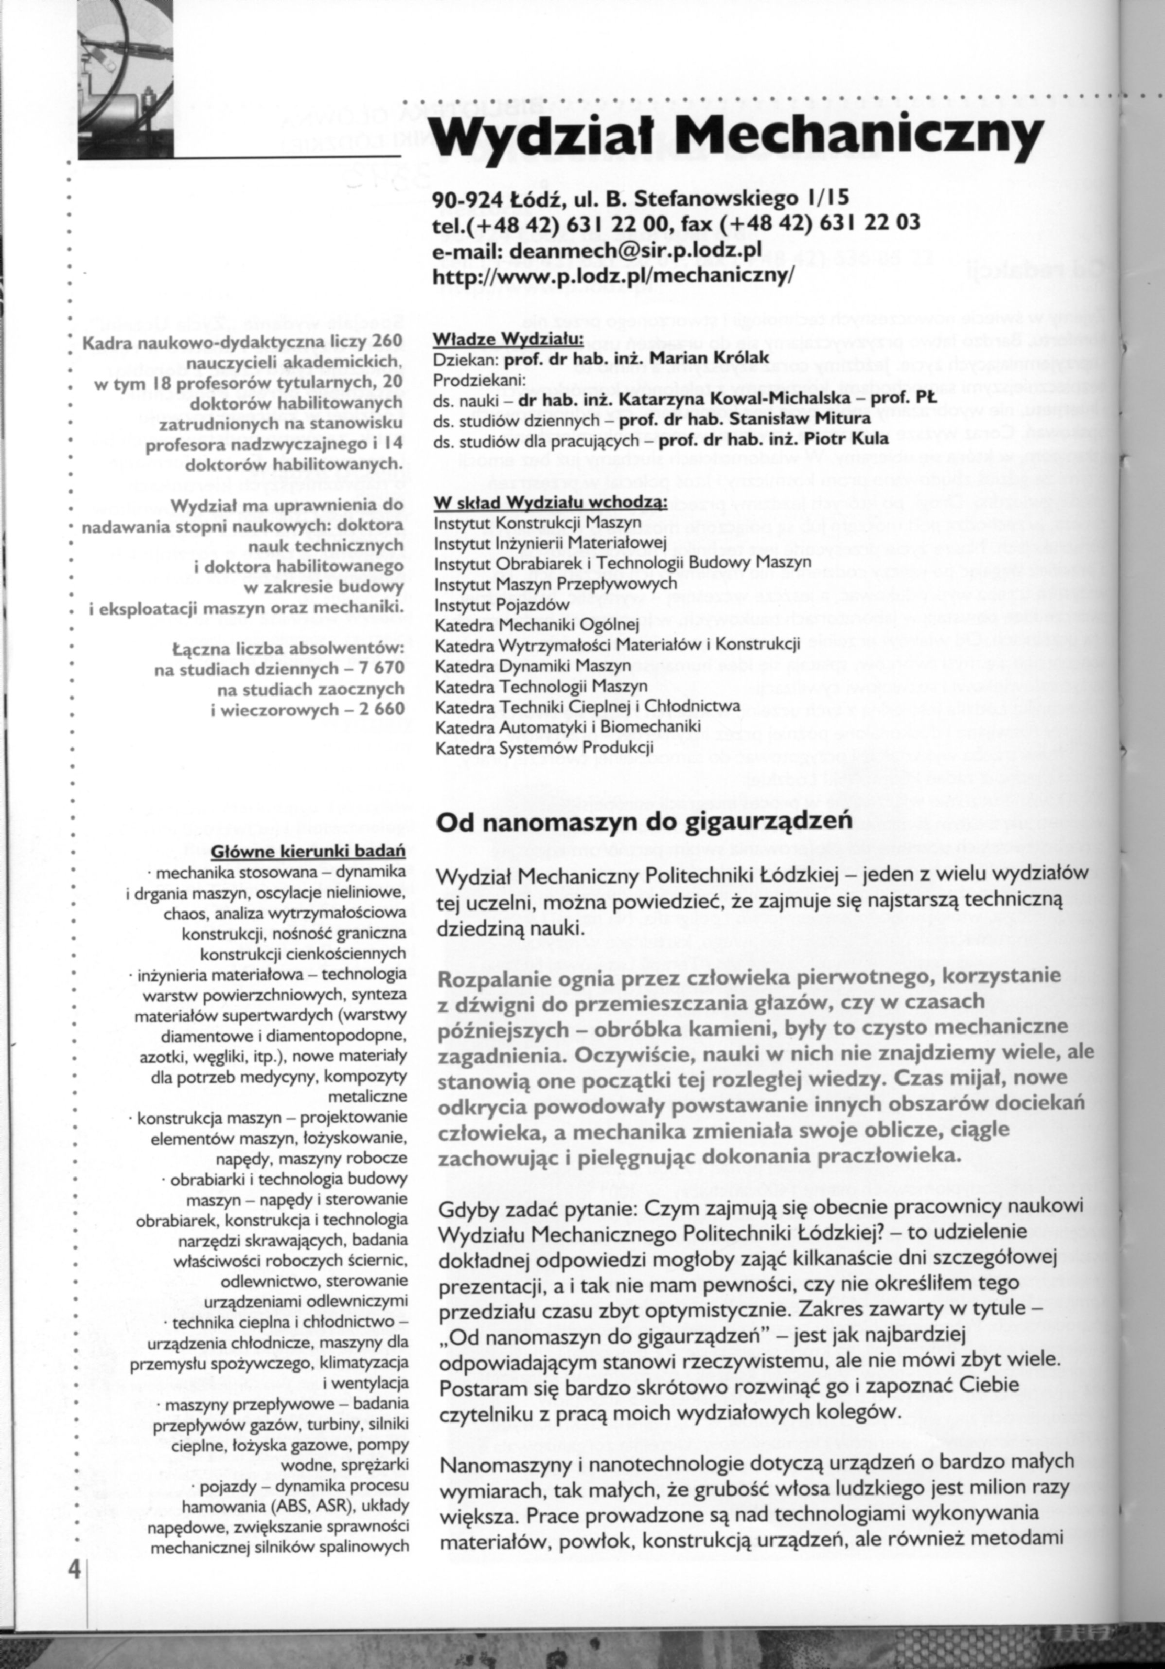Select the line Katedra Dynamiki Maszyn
(533, 664)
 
